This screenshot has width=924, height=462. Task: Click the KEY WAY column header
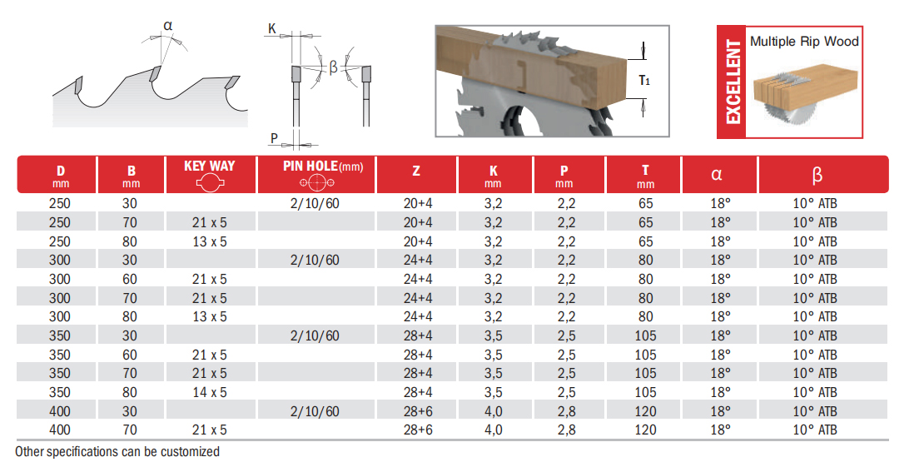(209, 166)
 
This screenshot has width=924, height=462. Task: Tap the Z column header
(416, 173)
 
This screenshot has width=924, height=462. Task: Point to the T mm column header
(645, 175)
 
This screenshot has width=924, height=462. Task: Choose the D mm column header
(60, 175)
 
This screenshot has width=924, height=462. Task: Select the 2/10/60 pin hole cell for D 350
(315, 335)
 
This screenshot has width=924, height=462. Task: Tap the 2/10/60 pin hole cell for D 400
(315, 411)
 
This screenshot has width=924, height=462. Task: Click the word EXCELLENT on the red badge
(733, 81)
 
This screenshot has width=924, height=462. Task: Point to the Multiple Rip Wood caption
(804, 41)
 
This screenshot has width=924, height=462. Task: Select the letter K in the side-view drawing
(272, 29)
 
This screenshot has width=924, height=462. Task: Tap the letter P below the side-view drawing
(274, 137)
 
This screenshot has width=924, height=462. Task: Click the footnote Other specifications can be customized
(117, 452)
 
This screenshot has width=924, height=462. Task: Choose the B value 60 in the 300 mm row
(131, 279)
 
